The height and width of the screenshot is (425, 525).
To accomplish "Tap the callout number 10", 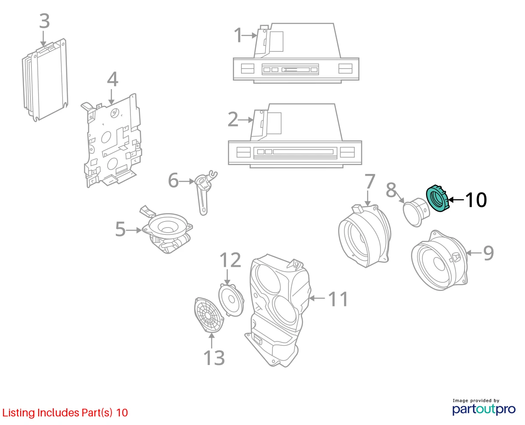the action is coord(476,200).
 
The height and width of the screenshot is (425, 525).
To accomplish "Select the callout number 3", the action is coord(45,21).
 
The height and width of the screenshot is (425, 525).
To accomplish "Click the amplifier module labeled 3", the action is coord(45,80).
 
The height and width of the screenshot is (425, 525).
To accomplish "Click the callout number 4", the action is coord(112,79).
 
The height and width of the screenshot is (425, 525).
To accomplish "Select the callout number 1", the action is coord(238,36).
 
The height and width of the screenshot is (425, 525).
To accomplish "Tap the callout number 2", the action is coord(233,120).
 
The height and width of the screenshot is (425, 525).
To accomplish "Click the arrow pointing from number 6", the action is coord(187,182).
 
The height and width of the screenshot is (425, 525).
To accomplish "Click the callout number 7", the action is coord(370,182).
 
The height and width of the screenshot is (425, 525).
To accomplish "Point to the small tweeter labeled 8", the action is coord(416,212).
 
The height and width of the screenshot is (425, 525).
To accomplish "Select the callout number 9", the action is coord(488,253).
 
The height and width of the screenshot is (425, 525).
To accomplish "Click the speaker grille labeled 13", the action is coord(209,315).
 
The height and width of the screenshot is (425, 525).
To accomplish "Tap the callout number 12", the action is coord(230,260).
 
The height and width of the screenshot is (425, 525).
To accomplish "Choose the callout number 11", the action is coord(338,299).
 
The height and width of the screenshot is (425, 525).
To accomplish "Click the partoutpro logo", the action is coord(484,409).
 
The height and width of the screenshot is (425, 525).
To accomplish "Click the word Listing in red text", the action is coord(18,413).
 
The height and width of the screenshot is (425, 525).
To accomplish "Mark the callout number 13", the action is coord(214,358).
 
